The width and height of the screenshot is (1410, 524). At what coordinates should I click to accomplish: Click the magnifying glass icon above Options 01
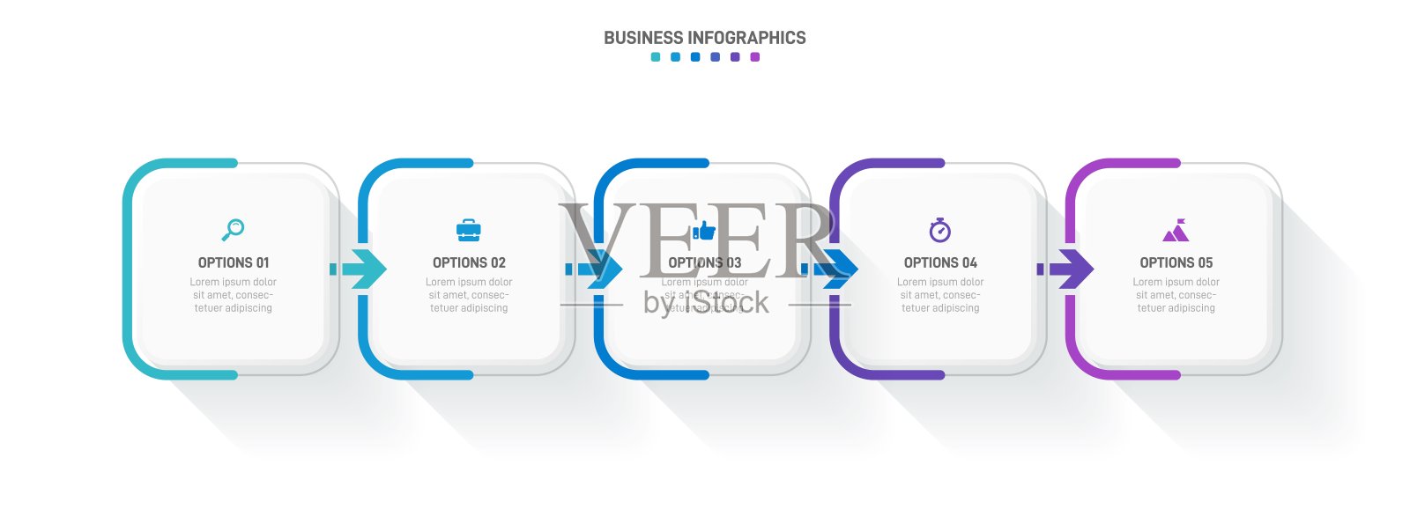coord(233,230)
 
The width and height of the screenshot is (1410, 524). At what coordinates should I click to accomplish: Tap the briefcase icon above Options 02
coord(469,231)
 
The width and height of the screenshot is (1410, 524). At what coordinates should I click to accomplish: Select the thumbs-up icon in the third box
coord(704,231)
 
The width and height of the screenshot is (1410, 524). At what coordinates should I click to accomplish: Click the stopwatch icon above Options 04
coord(940,230)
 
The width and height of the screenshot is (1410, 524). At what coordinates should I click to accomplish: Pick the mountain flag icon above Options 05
coord(1176,231)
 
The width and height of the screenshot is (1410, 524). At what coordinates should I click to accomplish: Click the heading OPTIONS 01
coord(234,262)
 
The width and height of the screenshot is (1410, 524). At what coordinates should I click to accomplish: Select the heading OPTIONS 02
coord(469,262)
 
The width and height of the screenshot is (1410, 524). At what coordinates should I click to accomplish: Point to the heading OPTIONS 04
coord(940,262)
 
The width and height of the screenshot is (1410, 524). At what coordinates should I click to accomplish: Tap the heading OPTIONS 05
coord(1176,262)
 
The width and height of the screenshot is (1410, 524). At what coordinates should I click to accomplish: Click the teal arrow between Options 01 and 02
coord(360,269)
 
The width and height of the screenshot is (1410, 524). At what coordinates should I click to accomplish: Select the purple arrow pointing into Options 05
coord(1066,269)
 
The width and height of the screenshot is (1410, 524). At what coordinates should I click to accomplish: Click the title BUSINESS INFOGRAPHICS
coord(704,38)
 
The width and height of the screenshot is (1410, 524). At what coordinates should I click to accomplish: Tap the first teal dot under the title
coord(656,57)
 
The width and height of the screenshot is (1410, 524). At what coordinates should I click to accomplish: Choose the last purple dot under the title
coord(754,57)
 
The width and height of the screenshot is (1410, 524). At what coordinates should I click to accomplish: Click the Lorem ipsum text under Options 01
coord(234,295)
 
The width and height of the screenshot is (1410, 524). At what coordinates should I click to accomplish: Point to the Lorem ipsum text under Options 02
coord(469,295)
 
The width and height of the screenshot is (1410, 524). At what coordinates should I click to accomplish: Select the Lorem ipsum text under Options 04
coord(940,295)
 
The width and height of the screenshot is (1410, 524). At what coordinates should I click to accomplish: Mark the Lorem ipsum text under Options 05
coord(1176,295)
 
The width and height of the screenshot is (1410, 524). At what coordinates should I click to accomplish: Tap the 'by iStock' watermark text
coord(706,303)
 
